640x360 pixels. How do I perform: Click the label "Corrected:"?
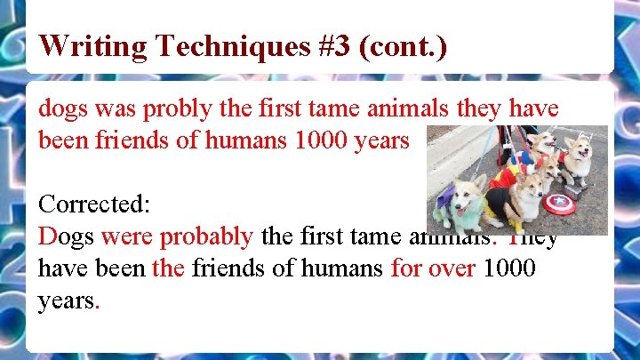[x=94, y=205]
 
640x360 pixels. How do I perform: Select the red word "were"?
[x=124, y=236]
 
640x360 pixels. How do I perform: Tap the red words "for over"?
[x=433, y=268]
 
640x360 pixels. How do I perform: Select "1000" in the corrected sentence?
[x=509, y=268]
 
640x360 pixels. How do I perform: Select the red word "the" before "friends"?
[x=168, y=268]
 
